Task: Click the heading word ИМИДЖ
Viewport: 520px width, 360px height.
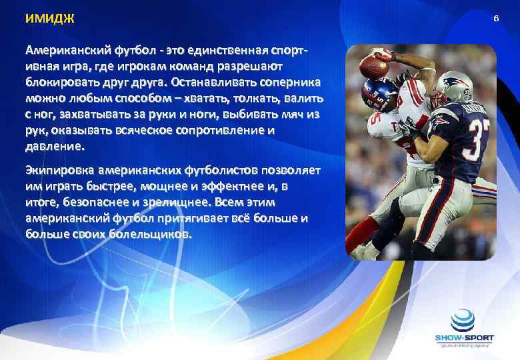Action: pos(49,19)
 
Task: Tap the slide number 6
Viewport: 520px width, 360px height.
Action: pos(495,19)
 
